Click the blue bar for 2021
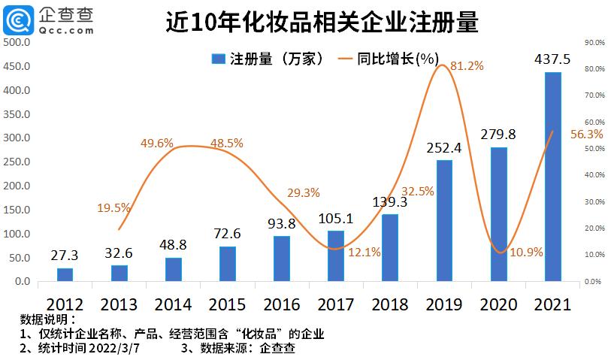[552, 177]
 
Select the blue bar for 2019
[444, 221]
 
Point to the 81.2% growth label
[467, 66]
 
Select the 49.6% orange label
[157, 143]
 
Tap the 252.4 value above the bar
[444, 147]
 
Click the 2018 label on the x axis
[390, 304]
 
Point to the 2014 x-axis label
[174, 304]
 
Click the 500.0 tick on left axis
[17, 43]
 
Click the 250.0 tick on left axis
[17, 162]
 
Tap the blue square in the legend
[218, 59]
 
